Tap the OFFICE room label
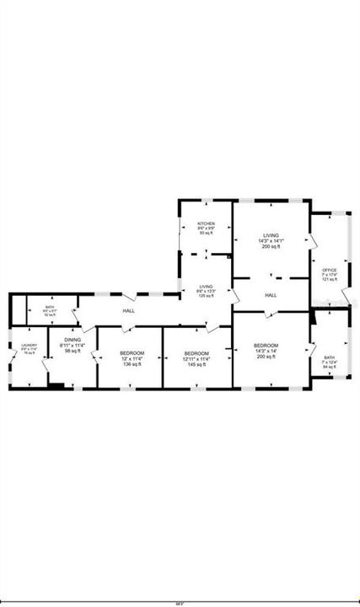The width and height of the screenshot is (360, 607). [x=329, y=269]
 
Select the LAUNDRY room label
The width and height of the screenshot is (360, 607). [x=29, y=345]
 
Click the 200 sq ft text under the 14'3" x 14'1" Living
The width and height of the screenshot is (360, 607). [x=271, y=247]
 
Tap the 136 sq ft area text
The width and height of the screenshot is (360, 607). [x=132, y=364]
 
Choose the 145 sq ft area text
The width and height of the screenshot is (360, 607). [x=196, y=364]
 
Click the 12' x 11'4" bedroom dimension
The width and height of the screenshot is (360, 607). [x=132, y=358]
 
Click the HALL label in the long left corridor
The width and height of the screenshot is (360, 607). [x=129, y=312]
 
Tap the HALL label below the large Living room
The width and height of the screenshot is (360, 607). [x=271, y=295]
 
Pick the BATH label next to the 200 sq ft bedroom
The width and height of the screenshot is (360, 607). [x=329, y=357]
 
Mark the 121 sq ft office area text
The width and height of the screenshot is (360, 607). [x=329, y=279]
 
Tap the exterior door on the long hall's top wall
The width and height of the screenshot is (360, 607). [x=128, y=296]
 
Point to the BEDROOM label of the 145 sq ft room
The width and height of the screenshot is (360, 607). [x=196, y=352]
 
